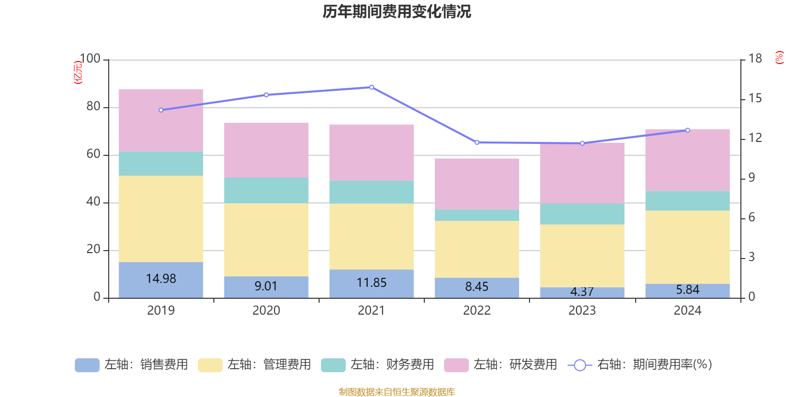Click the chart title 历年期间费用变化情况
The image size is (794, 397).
[397, 11]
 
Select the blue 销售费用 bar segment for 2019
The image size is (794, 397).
[161, 279]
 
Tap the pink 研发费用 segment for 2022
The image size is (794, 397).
[477, 184]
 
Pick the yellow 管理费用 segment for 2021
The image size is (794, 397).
[371, 236]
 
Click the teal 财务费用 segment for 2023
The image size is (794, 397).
[582, 214]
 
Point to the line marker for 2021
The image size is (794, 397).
[372, 87]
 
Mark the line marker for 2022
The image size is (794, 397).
[477, 142]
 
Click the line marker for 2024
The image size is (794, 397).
[687, 130]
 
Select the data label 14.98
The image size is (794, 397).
[161, 279]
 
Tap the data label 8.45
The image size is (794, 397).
[477, 287]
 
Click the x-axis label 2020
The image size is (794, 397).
[266, 311]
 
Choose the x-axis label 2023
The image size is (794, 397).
[582, 311]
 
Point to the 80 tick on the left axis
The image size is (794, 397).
[93, 107]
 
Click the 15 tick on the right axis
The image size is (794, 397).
[755, 98]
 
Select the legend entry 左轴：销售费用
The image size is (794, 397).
[132, 365]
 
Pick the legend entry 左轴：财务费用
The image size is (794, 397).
[378, 365]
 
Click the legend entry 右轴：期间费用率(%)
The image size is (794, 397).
[640, 365]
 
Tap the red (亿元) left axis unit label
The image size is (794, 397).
[78, 72]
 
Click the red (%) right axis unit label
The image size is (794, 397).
[780, 58]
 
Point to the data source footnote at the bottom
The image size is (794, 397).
[397, 392]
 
